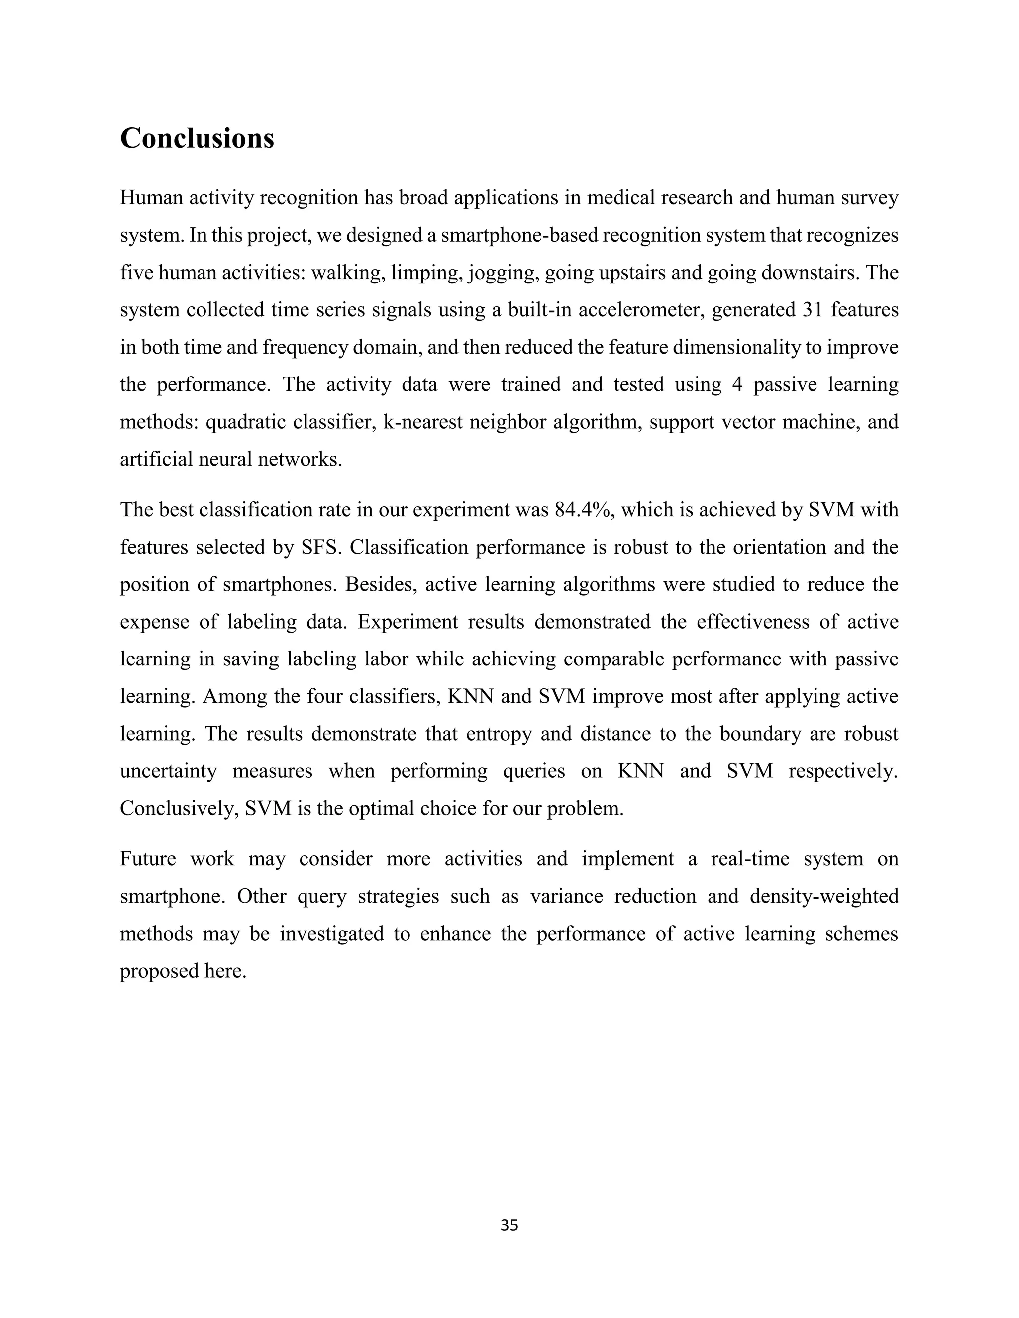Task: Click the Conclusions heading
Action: click(x=197, y=138)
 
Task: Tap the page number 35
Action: click(x=509, y=1225)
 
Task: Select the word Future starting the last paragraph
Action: click(x=148, y=859)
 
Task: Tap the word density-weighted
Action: click(x=823, y=896)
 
